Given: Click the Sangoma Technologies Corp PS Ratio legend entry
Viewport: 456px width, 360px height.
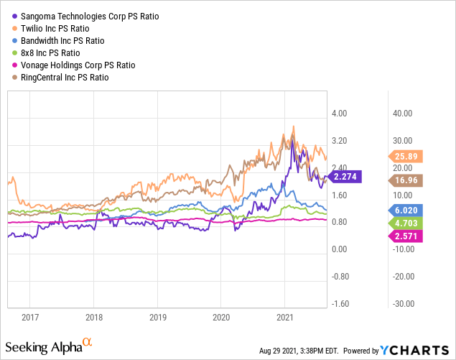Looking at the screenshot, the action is click(85, 17).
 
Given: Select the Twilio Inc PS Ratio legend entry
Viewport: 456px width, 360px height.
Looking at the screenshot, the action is click(51, 29).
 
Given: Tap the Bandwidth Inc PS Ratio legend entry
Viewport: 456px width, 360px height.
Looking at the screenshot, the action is click(58, 41).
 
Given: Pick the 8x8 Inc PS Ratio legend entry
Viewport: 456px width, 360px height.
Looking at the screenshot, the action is click(46, 53).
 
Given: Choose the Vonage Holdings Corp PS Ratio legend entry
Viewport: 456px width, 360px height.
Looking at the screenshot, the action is click(74, 65).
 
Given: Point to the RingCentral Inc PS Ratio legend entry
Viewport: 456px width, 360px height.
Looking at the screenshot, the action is click(60, 78).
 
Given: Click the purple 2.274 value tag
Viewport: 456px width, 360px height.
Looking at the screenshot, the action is click(344, 177).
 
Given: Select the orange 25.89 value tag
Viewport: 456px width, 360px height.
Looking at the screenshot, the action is click(406, 157).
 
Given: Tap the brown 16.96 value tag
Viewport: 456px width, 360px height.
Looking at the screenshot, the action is click(406, 180).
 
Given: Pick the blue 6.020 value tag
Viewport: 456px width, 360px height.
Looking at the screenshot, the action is click(406, 211).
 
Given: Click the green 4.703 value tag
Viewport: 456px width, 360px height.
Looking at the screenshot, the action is click(406, 223).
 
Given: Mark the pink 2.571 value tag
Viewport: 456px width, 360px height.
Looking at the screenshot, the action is click(406, 236).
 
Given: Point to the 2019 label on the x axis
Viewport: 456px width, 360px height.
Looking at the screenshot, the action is click(158, 317).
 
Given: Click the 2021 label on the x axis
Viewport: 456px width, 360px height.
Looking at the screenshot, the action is click(285, 317).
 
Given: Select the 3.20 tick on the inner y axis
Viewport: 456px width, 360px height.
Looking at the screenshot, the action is click(340, 141).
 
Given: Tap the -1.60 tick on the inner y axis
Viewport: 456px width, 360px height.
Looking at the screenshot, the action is click(340, 304).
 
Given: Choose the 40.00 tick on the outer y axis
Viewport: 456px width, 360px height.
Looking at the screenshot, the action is click(402, 114).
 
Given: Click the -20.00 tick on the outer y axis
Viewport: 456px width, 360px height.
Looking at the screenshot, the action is click(404, 277).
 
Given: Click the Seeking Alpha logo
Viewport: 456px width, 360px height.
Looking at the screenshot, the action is click(49, 346).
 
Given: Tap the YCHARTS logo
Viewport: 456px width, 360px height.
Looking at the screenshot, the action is click(414, 351).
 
